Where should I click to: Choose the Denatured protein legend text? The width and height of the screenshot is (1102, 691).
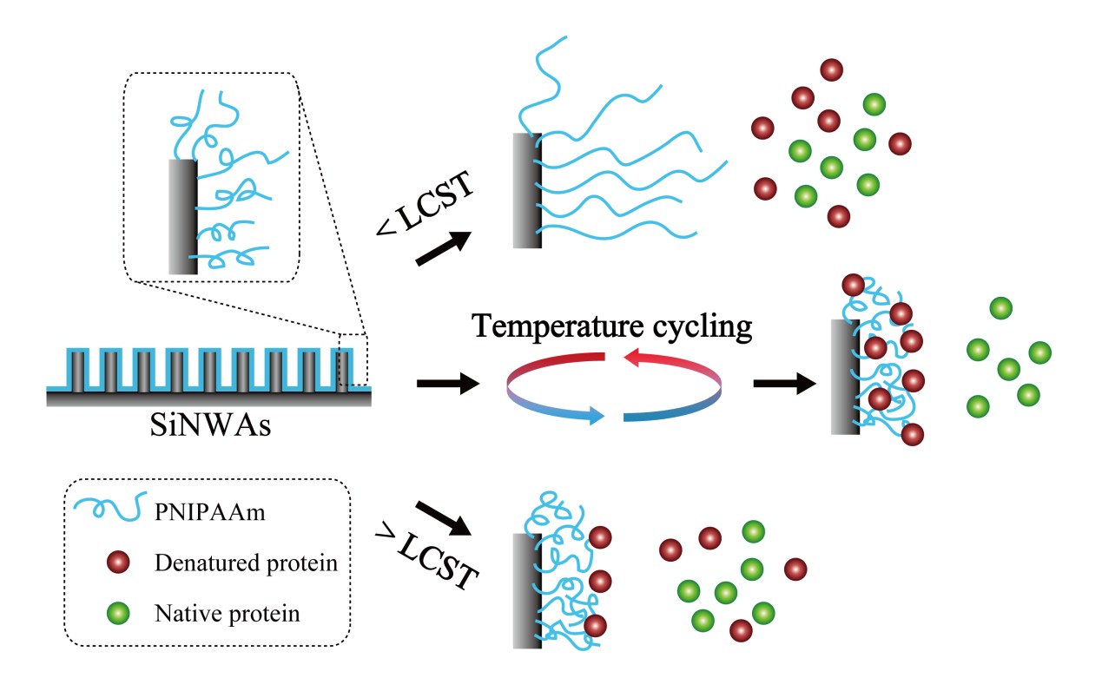246,563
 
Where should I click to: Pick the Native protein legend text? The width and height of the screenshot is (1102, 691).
227,614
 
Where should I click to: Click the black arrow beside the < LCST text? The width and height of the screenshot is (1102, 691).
444,248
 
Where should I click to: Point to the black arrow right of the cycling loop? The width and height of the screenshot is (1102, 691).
783,382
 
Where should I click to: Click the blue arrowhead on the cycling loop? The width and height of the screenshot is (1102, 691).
595,416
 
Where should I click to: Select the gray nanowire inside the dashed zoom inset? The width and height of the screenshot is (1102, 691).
182,216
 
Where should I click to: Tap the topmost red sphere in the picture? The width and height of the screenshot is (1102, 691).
832,69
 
